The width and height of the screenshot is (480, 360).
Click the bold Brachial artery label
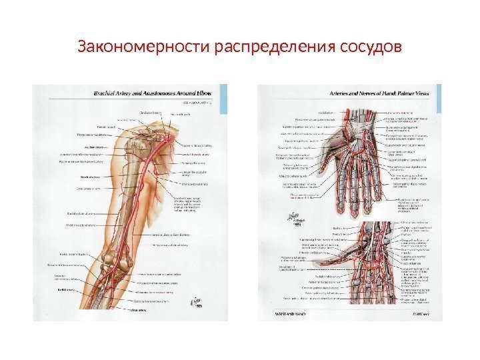coord(88,177)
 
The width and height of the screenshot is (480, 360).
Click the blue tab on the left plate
coord(225,89)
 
